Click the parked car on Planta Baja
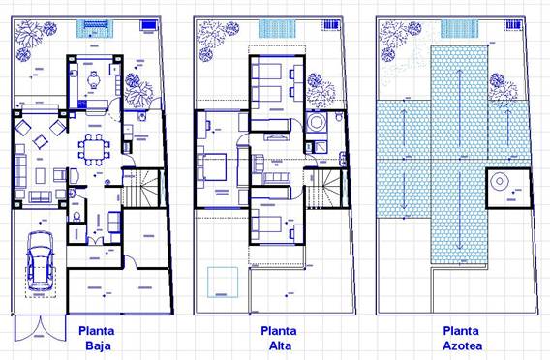pos(41,261)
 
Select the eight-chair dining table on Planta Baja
pos(94,149)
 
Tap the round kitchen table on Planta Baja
pos(94,80)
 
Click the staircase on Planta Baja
pos(141,189)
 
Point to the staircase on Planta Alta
pos(323,189)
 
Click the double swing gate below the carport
pos(40,328)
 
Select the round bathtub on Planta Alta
pos(316,123)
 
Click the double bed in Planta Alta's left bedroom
pos(211,166)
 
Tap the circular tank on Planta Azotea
pos(500,182)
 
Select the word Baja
pos(98,345)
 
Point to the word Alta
pos(280,345)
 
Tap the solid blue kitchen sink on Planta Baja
pos(82,104)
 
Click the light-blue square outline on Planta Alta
pos(223,283)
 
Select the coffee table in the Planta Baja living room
pos(41,175)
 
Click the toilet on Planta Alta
pos(339,116)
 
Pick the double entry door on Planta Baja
pos(95,241)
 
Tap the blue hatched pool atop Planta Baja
pos(95,29)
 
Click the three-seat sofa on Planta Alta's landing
pos(276,178)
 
